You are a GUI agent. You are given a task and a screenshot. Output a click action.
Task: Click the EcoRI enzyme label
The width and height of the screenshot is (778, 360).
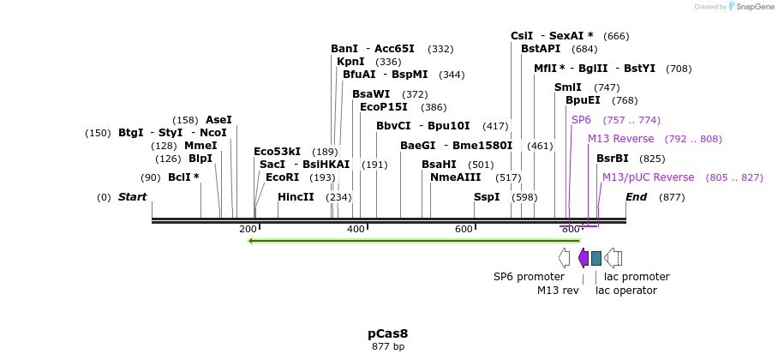click(282, 177)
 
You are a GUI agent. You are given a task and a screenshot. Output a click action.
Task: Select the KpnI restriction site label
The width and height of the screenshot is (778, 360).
click(350, 62)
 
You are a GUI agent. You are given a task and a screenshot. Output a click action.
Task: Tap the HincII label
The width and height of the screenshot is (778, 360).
click(296, 197)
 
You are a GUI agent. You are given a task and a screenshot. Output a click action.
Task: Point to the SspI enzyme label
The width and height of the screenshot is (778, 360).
click(487, 197)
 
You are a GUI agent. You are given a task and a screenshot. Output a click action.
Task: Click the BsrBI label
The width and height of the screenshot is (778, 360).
click(612, 159)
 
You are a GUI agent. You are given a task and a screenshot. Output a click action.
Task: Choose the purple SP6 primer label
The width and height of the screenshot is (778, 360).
click(581, 120)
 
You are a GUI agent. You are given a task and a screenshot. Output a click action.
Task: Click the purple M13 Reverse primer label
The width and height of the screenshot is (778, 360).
click(620, 139)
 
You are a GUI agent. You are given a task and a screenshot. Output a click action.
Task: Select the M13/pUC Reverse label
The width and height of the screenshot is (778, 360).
click(648, 177)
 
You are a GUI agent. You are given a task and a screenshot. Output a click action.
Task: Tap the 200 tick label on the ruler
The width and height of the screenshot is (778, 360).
click(248, 229)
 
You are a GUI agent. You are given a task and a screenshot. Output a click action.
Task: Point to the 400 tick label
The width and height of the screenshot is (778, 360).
click(356, 229)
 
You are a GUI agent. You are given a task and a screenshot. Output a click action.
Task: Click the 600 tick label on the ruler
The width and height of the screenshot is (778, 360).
click(464, 229)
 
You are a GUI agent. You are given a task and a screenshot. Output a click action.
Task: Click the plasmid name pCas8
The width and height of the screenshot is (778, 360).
click(388, 333)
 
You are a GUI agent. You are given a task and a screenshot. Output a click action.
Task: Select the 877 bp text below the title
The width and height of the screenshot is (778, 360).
click(388, 347)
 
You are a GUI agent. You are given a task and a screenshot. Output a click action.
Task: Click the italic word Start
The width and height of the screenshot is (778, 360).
click(132, 197)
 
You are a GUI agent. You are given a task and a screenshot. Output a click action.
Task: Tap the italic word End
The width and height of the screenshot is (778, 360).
click(636, 197)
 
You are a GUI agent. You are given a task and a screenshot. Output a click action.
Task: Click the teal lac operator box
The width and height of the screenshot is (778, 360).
click(596, 258)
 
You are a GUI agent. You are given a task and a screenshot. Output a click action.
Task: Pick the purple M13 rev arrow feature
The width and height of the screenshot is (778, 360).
click(583, 258)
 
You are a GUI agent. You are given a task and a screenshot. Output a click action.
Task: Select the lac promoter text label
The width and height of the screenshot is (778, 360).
click(637, 277)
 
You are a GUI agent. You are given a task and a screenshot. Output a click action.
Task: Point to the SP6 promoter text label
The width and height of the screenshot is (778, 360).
click(529, 277)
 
